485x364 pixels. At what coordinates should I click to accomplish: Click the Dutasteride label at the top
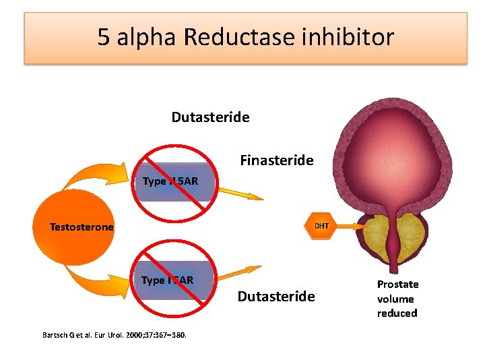[210, 117]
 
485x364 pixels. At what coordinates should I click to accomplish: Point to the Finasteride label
[276, 160]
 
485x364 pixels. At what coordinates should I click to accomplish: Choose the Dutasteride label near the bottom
[276, 297]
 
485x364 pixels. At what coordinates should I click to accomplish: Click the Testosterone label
[82, 227]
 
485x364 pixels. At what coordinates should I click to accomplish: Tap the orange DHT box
[321, 226]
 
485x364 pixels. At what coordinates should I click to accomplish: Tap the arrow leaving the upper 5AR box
[239, 193]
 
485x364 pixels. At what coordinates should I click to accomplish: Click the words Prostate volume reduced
[397, 299]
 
